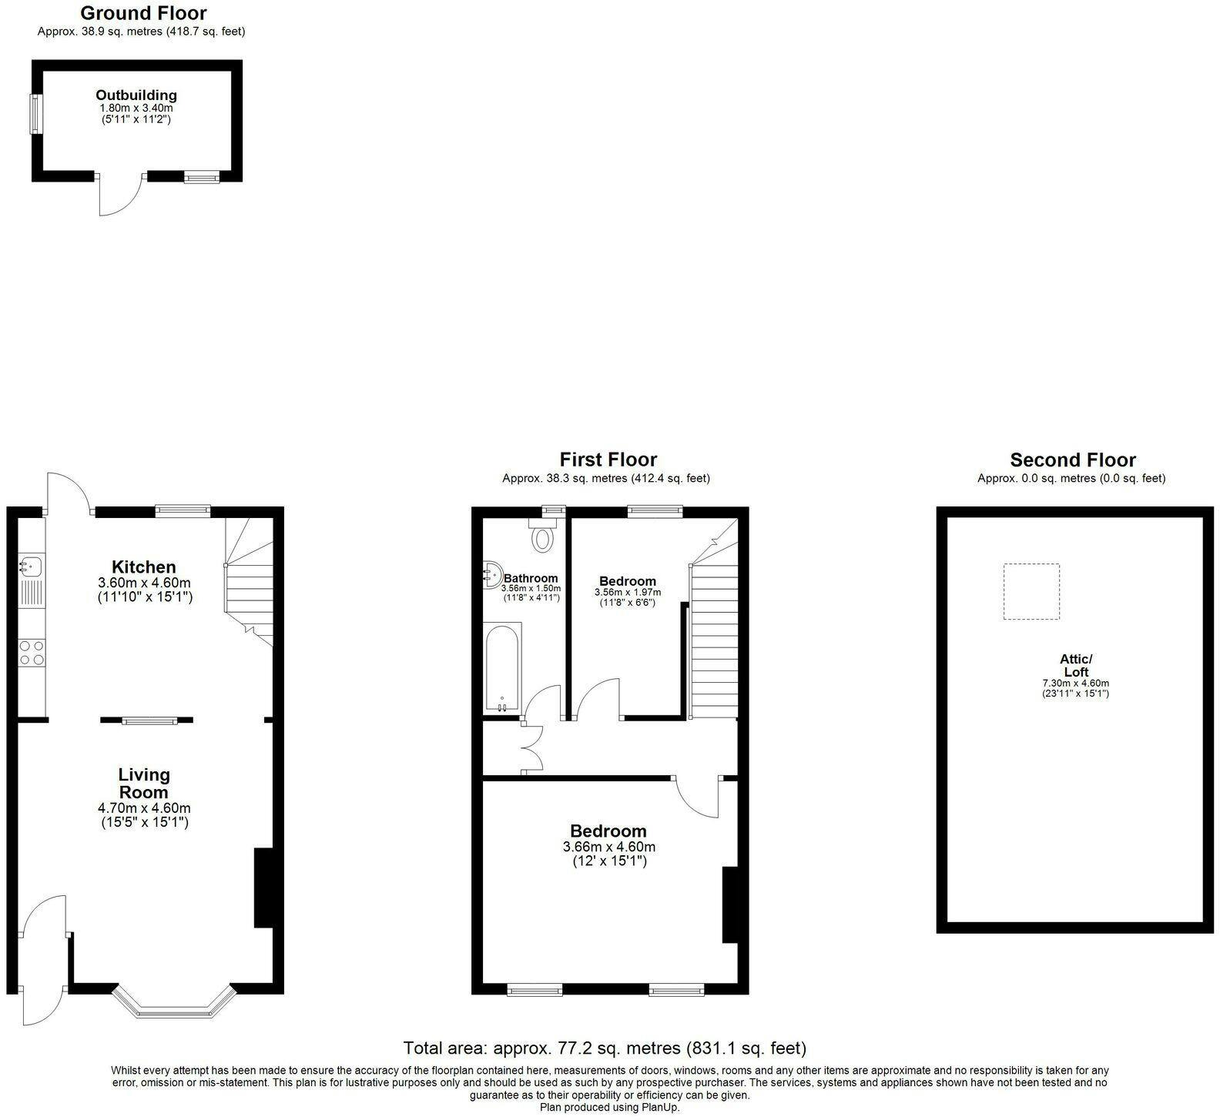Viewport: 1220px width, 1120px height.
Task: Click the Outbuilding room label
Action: point(136,95)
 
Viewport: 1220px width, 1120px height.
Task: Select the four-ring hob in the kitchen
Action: point(32,653)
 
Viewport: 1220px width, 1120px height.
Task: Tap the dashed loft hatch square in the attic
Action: point(1031,591)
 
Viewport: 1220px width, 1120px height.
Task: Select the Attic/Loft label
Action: point(1076,666)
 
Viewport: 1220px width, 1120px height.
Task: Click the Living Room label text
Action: point(144,784)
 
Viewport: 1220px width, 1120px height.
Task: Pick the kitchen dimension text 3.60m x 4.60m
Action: point(145,583)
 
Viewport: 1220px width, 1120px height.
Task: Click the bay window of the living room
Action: point(173,1001)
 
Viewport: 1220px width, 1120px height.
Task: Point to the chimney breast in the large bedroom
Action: point(729,904)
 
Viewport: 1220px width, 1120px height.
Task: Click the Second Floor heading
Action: point(1073,460)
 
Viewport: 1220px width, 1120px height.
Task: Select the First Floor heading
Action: point(608,460)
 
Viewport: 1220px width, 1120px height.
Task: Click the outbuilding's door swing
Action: point(121,195)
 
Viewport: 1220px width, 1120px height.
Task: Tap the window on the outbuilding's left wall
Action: point(35,114)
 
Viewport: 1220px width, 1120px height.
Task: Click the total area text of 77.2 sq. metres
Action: point(605,1048)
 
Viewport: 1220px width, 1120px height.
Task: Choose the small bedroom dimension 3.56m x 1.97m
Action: point(628,593)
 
